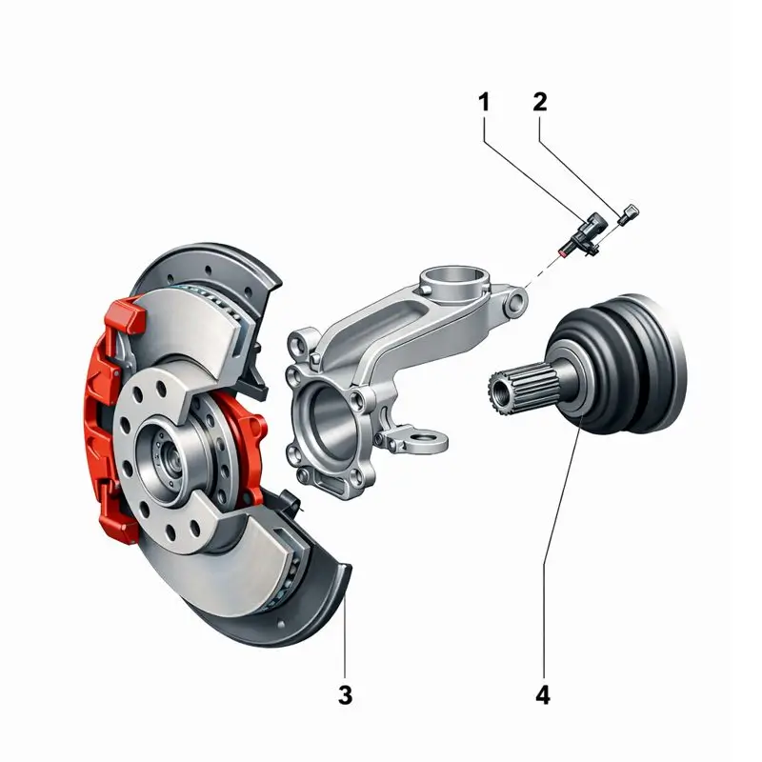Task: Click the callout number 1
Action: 484,103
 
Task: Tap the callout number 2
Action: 540,102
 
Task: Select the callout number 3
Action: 345,695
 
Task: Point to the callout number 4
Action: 543,695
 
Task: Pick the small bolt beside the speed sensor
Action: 629,214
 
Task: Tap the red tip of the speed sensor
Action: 563,252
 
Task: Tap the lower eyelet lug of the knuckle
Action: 428,441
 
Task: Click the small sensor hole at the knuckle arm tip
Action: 515,302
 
